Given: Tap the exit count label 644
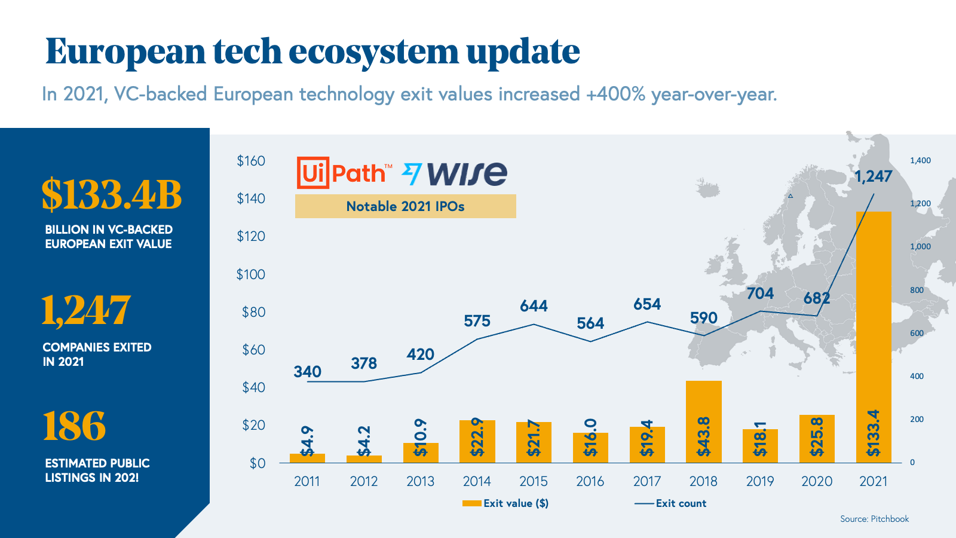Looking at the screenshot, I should point(534,306).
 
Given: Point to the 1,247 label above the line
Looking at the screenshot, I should point(873,176).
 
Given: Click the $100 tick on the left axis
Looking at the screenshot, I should point(250,274).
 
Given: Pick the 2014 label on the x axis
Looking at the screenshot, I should point(477,481).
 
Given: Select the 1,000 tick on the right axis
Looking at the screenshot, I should point(920,246).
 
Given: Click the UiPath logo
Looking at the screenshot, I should point(344,173).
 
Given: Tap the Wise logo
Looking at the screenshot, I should point(455,173).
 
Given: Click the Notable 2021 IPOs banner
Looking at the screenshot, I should point(405,206).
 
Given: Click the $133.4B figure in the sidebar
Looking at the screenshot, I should point(111,195).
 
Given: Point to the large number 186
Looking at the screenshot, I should point(74,426).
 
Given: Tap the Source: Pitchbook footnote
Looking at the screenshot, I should point(874,519).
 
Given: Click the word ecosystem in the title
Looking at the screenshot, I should point(374,51).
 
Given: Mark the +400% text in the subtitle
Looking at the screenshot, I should point(616,94).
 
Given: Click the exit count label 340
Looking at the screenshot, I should point(307,372).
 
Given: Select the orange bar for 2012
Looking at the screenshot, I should point(363,459).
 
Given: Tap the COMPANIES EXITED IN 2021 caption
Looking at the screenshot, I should point(97,354).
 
